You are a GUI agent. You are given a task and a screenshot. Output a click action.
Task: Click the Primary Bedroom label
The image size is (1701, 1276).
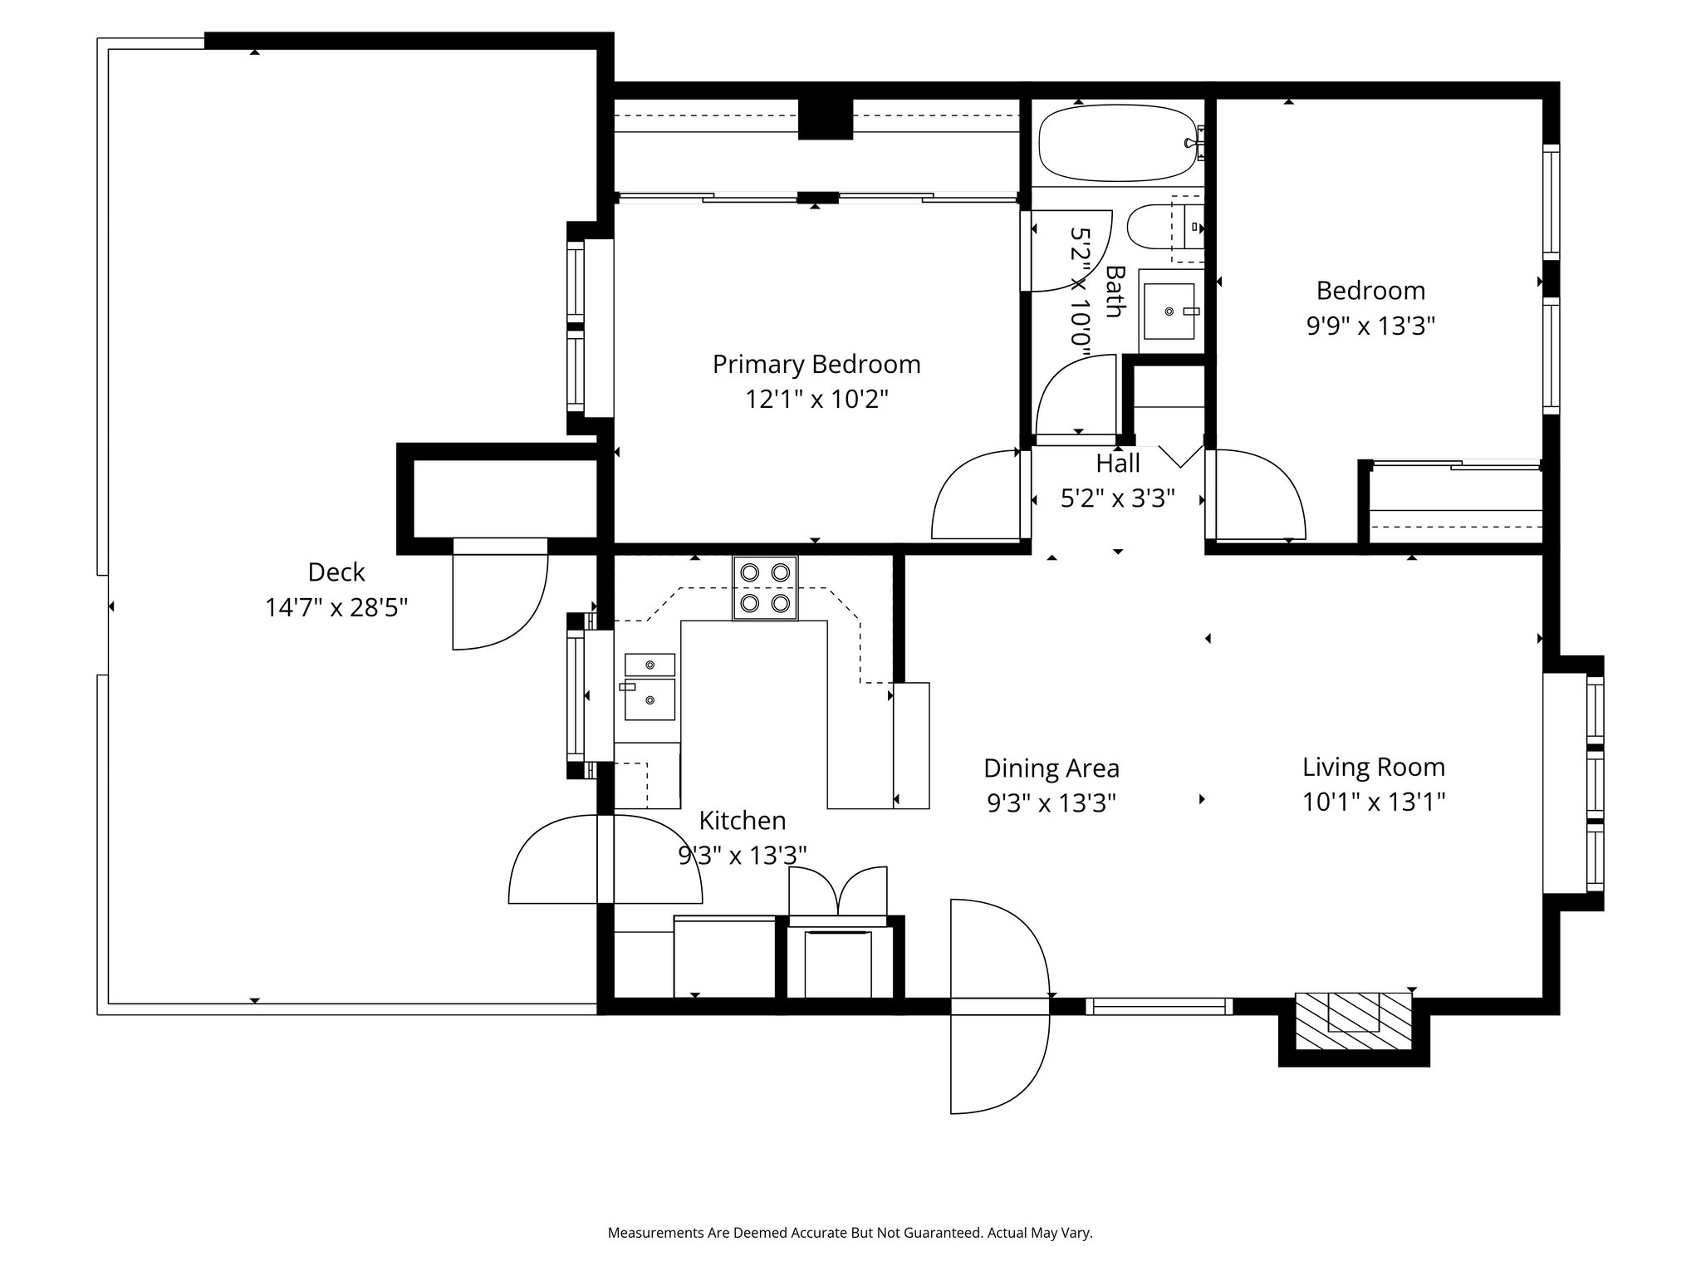click(816, 364)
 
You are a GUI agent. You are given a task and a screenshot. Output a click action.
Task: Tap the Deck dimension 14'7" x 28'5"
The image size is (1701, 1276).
click(336, 607)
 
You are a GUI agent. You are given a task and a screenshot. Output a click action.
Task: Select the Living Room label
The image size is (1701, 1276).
click(1373, 767)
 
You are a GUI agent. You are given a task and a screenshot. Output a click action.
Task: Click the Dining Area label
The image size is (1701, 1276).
click(1051, 768)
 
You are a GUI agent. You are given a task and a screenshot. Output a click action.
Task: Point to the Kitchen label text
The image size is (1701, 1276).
click(742, 821)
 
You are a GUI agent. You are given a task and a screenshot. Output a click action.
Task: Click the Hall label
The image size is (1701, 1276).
click(1117, 464)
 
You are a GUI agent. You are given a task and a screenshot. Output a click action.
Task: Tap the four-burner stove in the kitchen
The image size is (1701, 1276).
click(765, 588)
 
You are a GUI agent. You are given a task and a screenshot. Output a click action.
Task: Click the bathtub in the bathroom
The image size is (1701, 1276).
click(1117, 142)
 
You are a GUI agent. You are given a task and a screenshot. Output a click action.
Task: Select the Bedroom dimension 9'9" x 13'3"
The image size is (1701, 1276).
click(1370, 326)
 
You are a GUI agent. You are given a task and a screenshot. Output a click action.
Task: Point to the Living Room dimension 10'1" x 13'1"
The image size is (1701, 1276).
click(1373, 802)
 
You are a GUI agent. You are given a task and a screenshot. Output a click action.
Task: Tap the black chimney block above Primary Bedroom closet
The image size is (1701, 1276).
click(825, 118)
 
